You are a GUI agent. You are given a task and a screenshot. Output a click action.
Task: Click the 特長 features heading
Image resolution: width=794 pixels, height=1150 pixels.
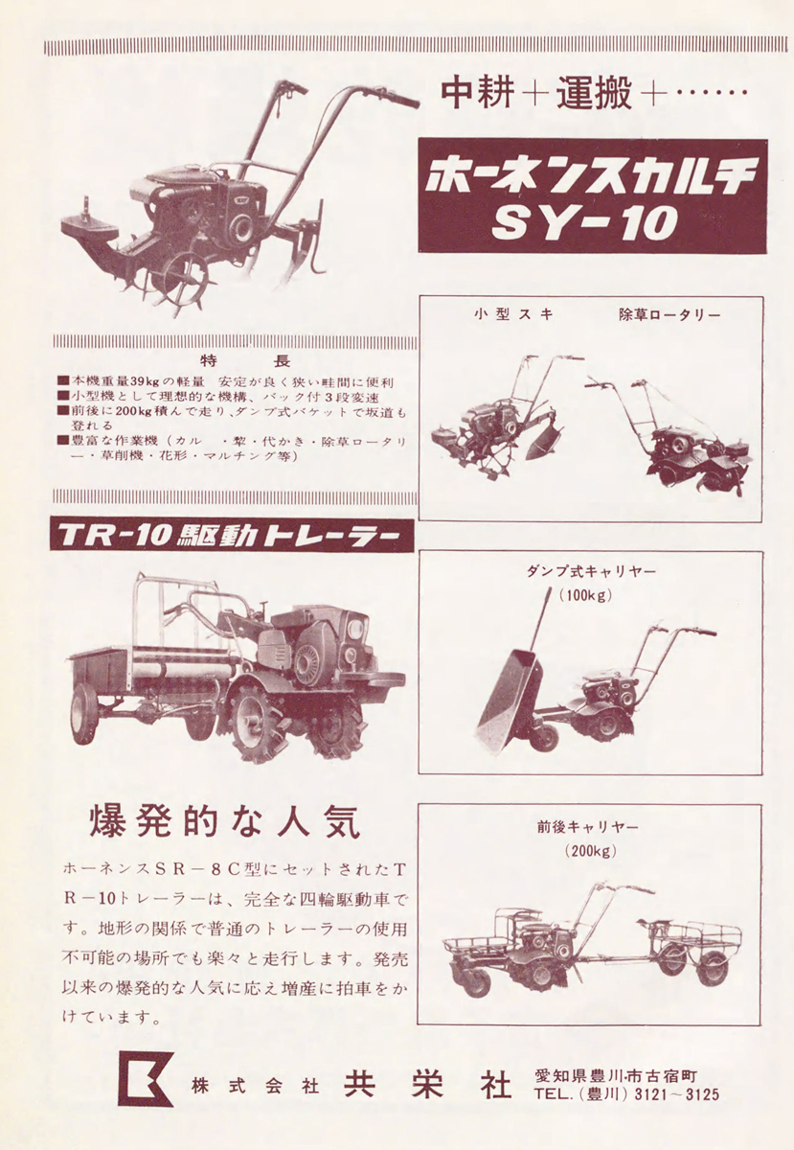[x=245, y=361]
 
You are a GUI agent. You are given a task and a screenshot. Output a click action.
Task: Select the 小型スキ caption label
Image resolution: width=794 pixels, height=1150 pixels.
[x=513, y=314]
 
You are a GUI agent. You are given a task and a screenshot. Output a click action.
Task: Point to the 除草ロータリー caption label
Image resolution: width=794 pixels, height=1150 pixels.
[x=669, y=314]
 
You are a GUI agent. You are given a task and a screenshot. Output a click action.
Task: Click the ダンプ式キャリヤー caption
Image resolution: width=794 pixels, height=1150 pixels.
[x=591, y=571]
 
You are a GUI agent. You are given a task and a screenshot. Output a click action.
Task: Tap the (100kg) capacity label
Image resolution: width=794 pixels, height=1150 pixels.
[x=586, y=595]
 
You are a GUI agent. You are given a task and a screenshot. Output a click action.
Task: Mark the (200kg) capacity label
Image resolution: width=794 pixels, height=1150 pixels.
[x=590, y=851]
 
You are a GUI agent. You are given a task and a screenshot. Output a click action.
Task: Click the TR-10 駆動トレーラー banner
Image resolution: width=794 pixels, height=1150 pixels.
[x=232, y=535]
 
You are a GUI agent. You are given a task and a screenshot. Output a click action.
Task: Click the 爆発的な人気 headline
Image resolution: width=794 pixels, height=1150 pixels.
[x=224, y=821]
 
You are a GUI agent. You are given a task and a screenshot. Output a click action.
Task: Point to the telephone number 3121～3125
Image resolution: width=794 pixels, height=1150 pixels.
[x=676, y=1092]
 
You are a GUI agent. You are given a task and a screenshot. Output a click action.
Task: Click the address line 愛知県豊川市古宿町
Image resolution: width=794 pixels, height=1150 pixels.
[x=616, y=1072]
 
